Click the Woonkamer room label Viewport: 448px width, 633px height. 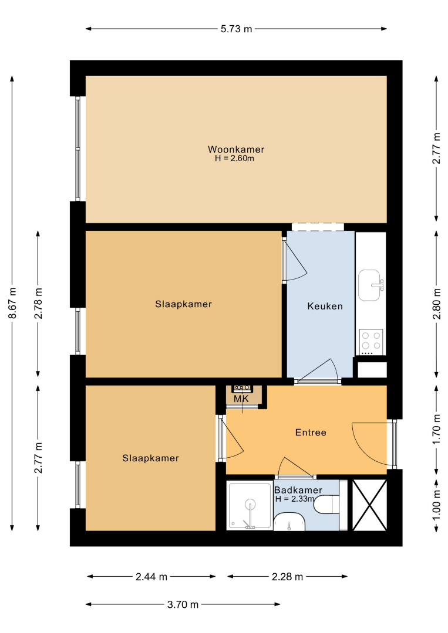pos(236,149)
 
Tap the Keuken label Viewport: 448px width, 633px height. pos(325,307)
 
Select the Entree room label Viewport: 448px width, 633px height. pos(311,433)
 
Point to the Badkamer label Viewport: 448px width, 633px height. pos(298,490)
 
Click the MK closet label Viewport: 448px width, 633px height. pos(241,399)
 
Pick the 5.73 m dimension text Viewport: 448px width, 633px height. pos(236,29)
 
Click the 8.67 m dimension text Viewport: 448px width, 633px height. pos(13,303)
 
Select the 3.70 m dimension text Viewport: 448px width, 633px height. pos(183,604)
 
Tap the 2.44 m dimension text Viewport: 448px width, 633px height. pos(151,577)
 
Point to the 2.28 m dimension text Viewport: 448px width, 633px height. pos(287,577)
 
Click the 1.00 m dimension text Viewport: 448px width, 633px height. pos(437,505)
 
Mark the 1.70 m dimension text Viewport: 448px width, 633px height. pos(437,430)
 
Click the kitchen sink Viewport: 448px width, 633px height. pos(370,285)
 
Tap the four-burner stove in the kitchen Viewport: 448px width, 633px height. pos(371,342)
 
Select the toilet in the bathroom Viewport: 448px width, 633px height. pos(326,504)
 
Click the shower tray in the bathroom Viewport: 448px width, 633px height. pos(250,506)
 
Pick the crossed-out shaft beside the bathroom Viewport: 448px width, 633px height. pos(369,505)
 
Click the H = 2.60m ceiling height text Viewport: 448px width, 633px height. pos(234,158)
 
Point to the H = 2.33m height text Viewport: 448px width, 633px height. pos(295,499)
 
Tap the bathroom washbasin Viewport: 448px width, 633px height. pos(289,522)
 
